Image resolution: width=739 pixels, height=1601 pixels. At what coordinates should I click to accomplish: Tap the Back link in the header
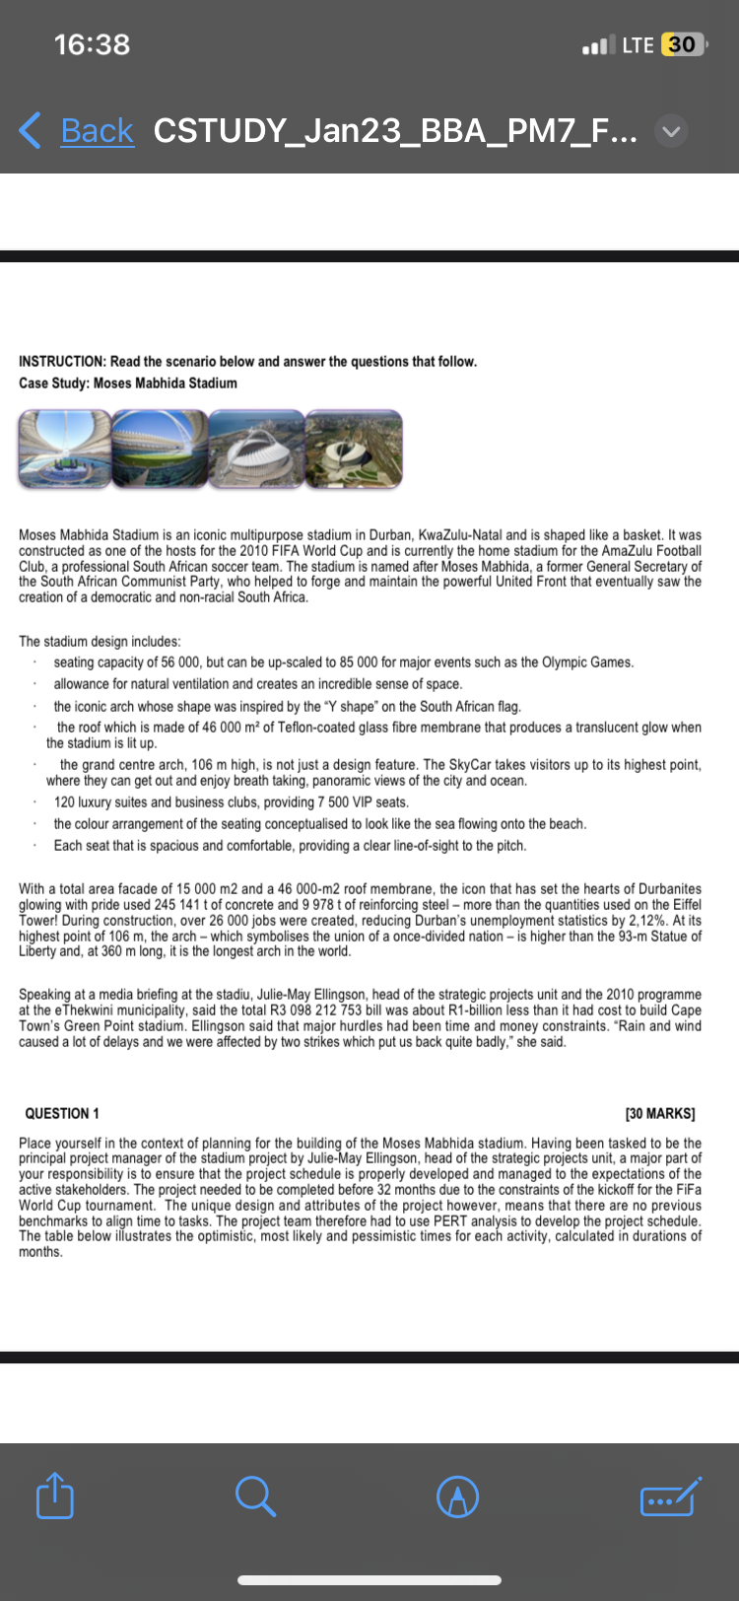[x=96, y=130]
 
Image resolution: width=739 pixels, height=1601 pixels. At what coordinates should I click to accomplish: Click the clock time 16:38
[x=92, y=44]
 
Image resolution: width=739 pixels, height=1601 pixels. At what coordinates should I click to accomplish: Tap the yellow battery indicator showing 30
[x=681, y=44]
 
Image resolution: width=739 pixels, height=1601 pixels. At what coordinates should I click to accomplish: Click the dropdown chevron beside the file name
[x=670, y=131]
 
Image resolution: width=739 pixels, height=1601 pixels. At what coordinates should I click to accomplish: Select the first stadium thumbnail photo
[x=64, y=450]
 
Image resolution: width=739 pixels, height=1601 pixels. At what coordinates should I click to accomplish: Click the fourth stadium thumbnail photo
[x=354, y=450]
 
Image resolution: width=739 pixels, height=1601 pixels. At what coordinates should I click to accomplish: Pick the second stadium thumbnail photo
[x=160, y=450]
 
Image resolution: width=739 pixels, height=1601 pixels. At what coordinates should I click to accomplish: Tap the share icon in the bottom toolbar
[x=55, y=1497]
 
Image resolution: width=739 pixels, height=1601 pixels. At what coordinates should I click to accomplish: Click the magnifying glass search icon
[x=255, y=1497]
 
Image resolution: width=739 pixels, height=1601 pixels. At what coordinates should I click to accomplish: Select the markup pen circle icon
[x=457, y=1497]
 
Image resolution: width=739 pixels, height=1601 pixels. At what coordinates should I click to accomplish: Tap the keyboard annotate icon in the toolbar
[x=670, y=1497]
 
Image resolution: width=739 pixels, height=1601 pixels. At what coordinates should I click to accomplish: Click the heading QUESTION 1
[x=62, y=1113]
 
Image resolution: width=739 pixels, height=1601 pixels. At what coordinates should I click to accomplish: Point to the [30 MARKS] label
[x=660, y=1113]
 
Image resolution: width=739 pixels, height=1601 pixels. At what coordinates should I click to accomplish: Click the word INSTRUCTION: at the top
[x=62, y=362]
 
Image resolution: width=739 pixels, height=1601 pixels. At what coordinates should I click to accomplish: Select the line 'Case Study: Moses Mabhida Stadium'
[x=128, y=383]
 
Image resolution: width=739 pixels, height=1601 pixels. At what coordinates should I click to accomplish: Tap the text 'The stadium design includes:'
[x=100, y=641]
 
